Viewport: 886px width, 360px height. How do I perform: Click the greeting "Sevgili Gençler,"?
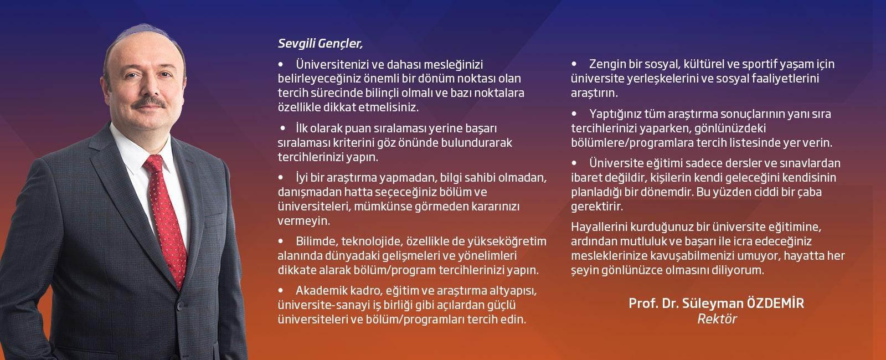[x=320, y=44]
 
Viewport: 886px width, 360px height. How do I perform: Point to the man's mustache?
[x=149, y=103]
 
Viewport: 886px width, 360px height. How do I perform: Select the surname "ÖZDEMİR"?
[x=775, y=303]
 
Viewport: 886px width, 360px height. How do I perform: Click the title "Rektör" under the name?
[x=717, y=319]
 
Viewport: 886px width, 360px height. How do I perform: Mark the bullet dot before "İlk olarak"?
[x=283, y=128]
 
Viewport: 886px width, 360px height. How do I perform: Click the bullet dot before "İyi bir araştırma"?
[x=281, y=178]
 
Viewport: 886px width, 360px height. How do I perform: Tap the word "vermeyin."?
[x=304, y=221]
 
